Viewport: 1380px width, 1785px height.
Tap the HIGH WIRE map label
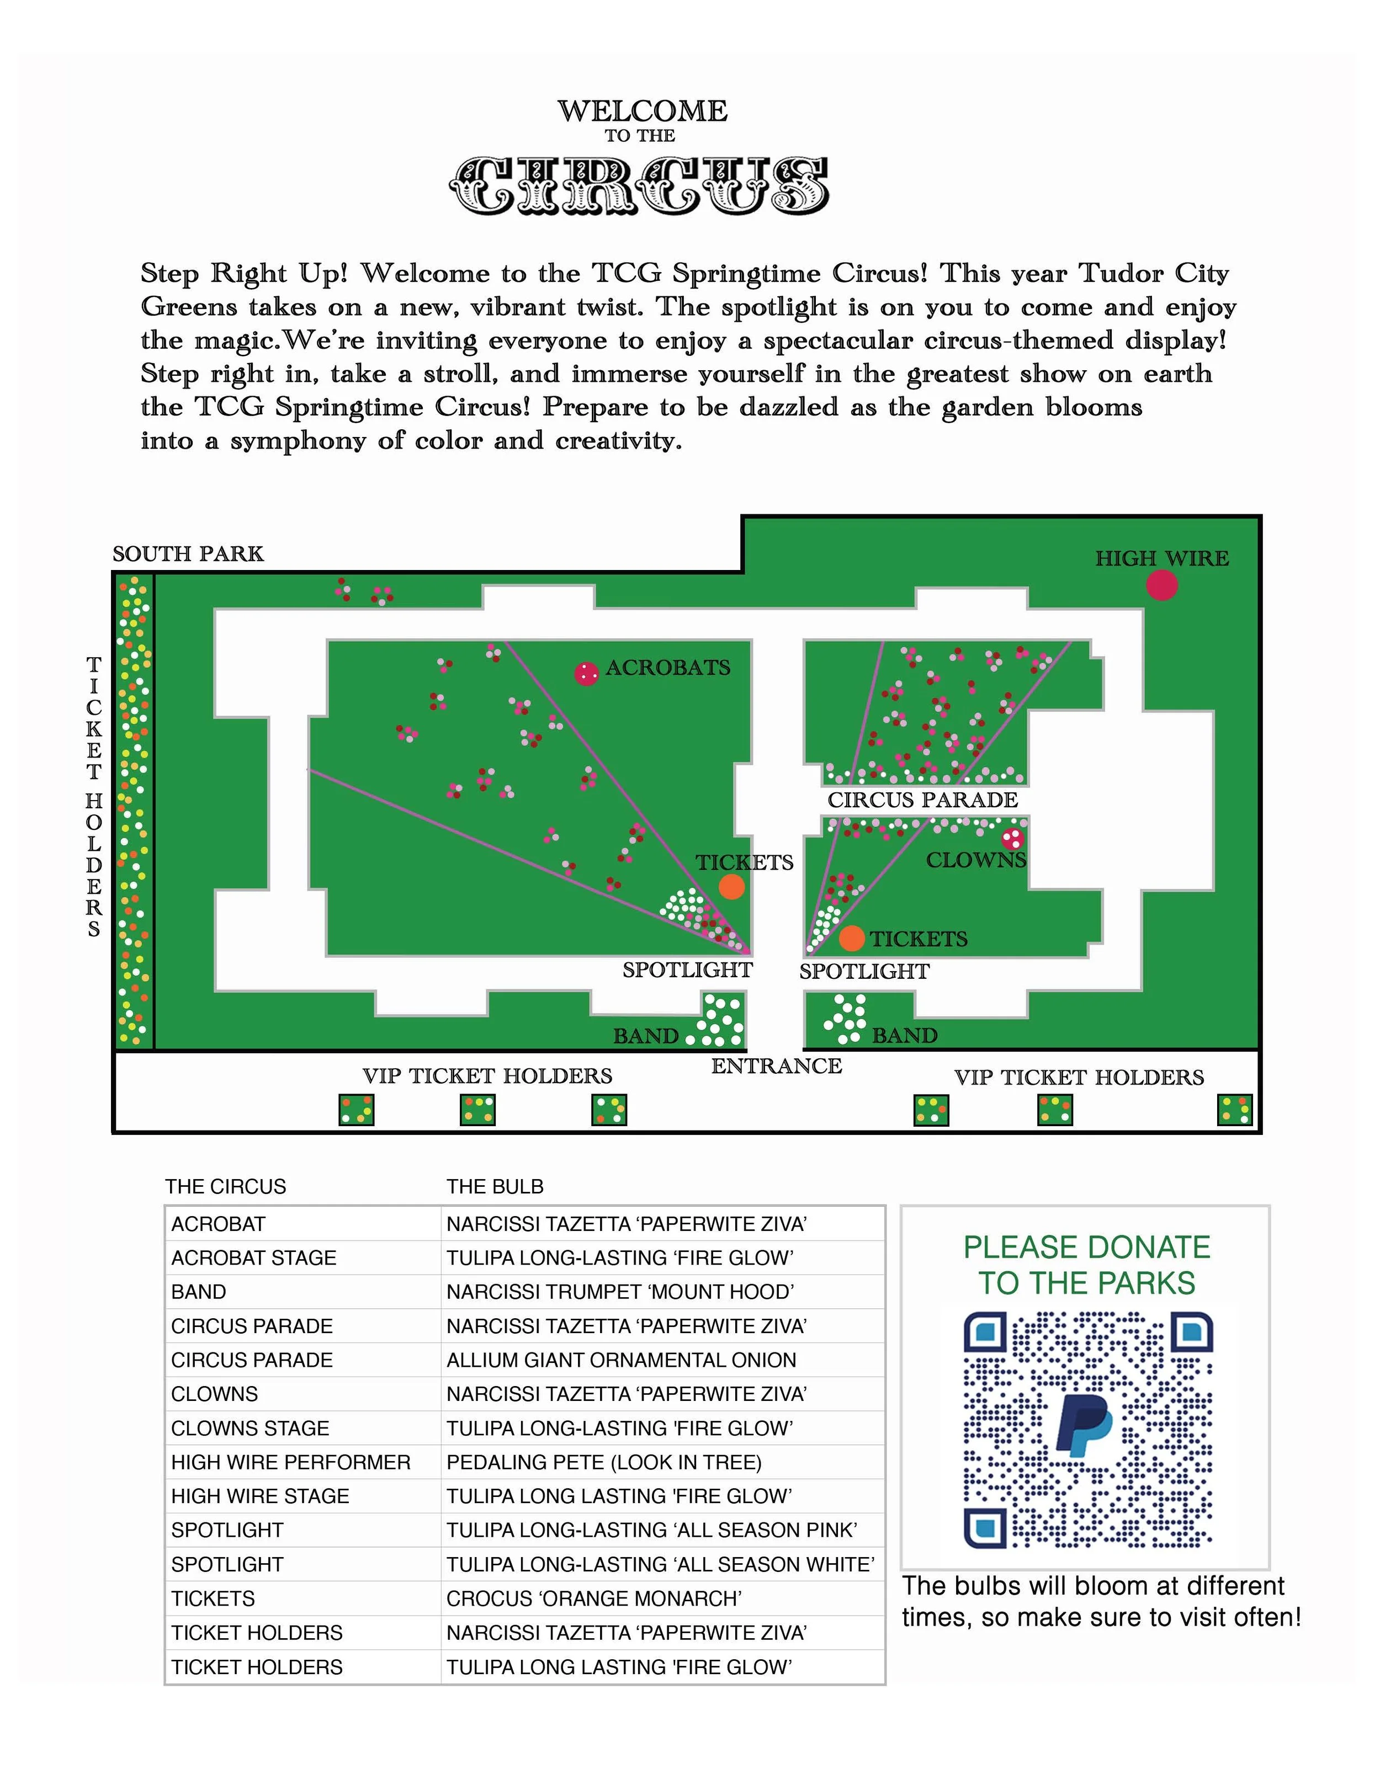coord(1162,558)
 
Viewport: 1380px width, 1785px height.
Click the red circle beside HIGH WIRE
coord(1162,585)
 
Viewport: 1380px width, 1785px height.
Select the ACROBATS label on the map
coord(667,668)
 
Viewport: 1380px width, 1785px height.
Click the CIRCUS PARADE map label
coord(922,800)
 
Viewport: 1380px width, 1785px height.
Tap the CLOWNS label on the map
coord(975,860)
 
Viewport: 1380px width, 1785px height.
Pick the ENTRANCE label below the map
coord(776,1066)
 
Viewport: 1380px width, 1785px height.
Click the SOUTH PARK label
coord(188,554)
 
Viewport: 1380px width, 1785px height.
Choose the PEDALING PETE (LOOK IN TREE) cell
coord(603,1462)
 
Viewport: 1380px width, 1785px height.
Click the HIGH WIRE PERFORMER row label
coord(290,1462)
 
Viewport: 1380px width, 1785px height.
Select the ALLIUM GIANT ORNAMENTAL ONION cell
coord(620,1360)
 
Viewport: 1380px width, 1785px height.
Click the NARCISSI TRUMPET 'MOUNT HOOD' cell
coord(620,1292)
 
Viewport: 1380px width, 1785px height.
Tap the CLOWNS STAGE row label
coord(250,1428)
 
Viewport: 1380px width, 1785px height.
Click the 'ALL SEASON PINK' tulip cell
coord(651,1530)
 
